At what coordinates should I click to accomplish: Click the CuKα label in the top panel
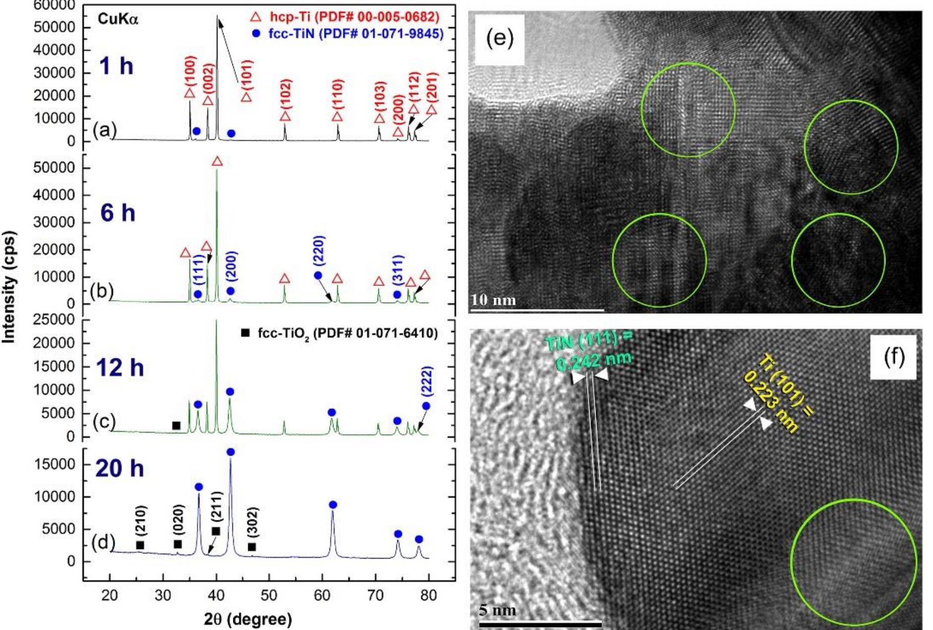click(118, 19)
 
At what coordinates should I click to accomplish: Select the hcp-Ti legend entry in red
click(345, 17)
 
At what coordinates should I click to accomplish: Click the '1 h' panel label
click(116, 66)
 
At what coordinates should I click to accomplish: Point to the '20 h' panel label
click(119, 468)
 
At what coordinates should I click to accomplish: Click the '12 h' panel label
click(120, 368)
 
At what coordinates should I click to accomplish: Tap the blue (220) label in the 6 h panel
click(319, 251)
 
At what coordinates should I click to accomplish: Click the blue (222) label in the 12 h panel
click(427, 381)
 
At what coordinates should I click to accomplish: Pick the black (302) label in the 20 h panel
click(253, 522)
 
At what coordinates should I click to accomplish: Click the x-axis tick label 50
click(269, 595)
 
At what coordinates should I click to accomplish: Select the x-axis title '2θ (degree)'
click(248, 619)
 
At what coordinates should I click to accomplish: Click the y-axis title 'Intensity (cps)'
click(9, 287)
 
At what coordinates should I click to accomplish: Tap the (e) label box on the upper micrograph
click(499, 39)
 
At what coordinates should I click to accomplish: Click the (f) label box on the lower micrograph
click(893, 357)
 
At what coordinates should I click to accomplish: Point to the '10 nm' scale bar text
click(494, 300)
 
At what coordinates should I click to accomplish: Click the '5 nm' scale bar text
click(497, 610)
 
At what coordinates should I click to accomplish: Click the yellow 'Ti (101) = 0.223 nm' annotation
click(778, 394)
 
